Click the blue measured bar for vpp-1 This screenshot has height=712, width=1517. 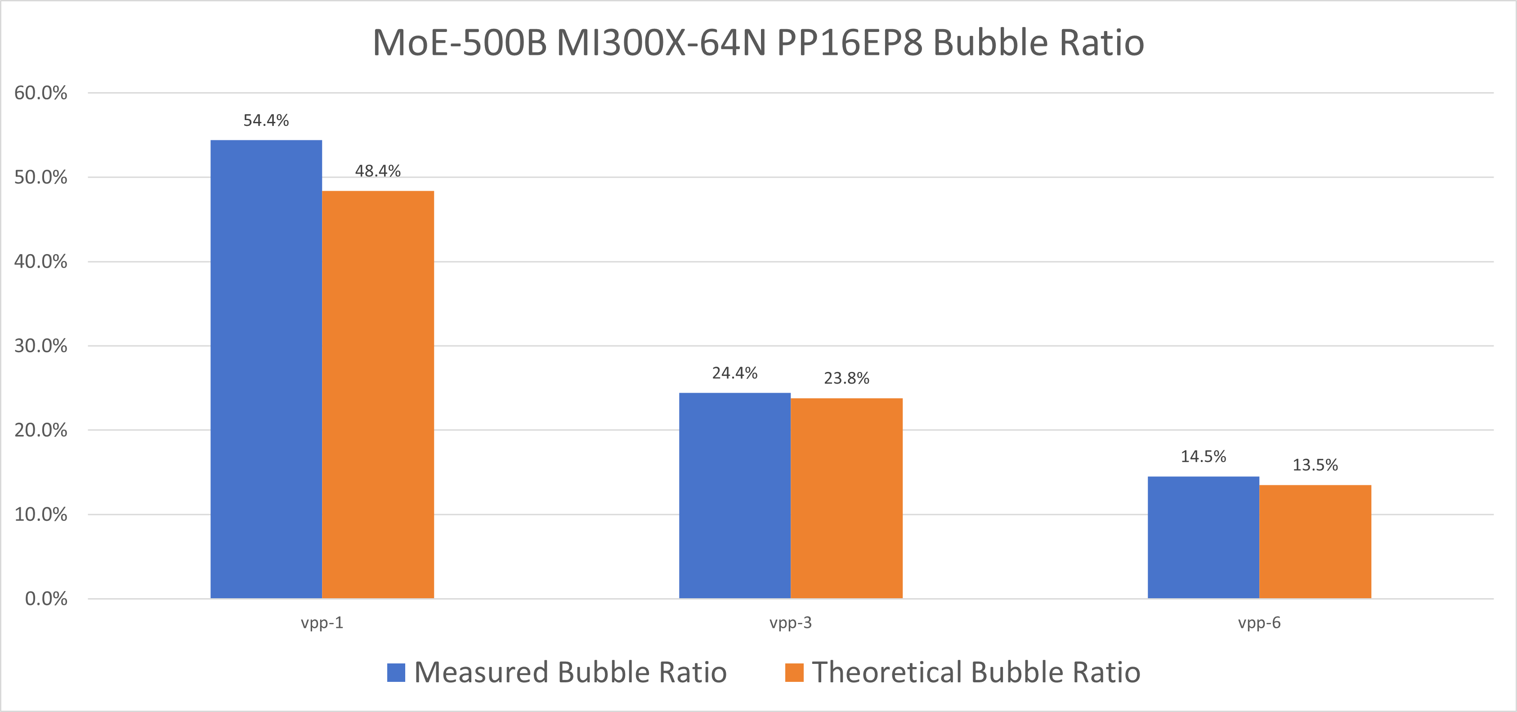266,369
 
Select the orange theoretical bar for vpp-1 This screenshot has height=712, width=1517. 378,394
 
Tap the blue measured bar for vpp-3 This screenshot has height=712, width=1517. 734,495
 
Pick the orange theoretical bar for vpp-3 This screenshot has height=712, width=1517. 846,498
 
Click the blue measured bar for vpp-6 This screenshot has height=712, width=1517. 1203,537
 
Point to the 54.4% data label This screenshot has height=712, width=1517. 266,121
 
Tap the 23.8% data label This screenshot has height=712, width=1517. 846,378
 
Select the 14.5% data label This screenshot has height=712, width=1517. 1203,457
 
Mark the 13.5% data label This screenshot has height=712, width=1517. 1315,465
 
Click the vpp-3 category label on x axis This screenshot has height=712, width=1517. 790,622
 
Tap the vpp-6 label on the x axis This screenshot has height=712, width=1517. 1259,622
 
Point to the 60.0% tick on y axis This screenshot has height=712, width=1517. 40,93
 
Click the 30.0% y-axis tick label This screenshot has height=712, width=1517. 40,346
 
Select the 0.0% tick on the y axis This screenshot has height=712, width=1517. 46,599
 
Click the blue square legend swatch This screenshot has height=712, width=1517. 396,672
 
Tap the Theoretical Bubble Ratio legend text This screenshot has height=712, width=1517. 976,672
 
